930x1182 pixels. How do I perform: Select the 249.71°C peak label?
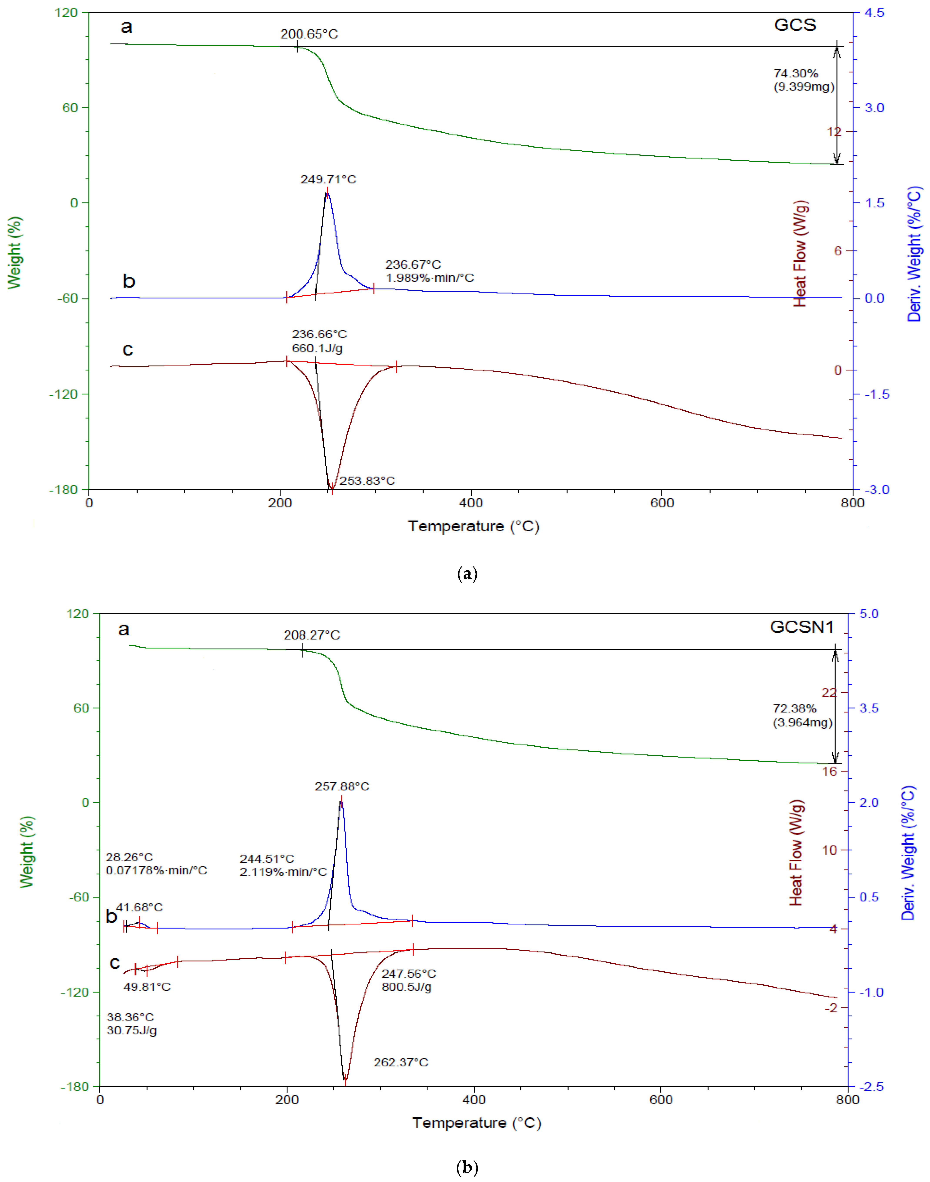click(x=328, y=179)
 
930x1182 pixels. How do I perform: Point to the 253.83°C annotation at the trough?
click(x=367, y=481)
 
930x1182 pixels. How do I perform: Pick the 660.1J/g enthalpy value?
click(x=317, y=348)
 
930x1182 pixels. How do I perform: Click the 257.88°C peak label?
click(x=342, y=786)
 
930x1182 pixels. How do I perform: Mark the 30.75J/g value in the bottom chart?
click(x=132, y=1030)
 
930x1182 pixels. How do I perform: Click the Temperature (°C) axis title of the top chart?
click(x=473, y=526)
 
